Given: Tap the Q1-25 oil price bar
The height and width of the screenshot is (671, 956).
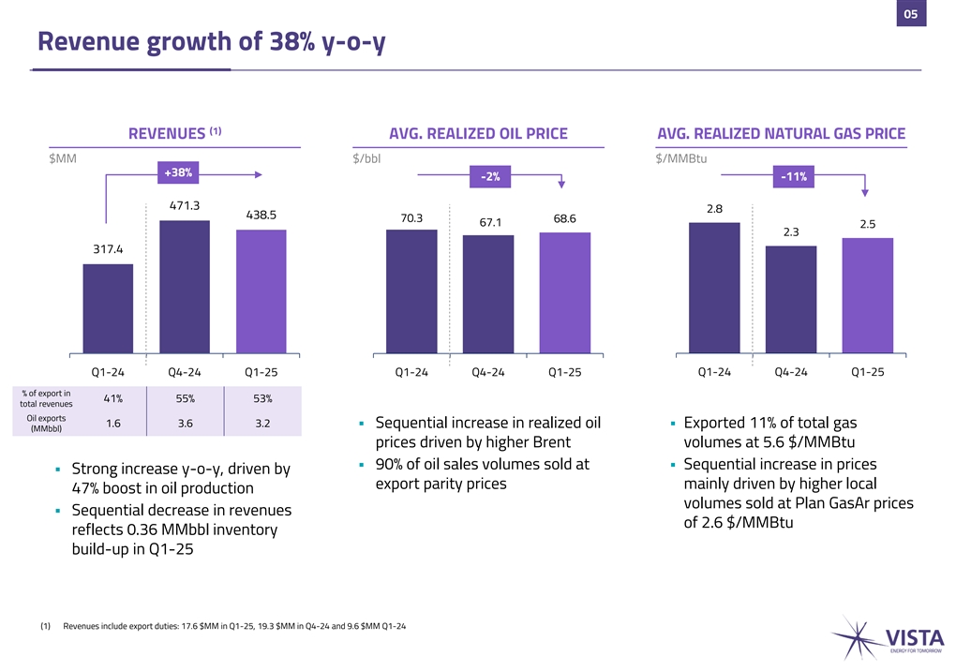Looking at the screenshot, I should (x=564, y=292).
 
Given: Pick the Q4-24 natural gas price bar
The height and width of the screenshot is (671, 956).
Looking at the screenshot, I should (x=791, y=299).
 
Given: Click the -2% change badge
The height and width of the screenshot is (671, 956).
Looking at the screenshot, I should (x=489, y=177).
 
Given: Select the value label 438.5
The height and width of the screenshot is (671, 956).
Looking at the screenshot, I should (x=261, y=215).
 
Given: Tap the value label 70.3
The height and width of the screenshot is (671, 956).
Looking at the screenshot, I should (x=411, y=218).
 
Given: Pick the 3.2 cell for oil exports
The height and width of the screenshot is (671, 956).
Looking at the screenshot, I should (x=262, y=424).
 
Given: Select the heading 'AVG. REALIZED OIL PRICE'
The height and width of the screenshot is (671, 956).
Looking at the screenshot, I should (x=478, y=134).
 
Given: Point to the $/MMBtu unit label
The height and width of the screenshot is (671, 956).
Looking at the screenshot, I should (x=682, y=158).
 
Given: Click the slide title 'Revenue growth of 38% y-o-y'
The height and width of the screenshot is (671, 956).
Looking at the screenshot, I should (x=211, y=42).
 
